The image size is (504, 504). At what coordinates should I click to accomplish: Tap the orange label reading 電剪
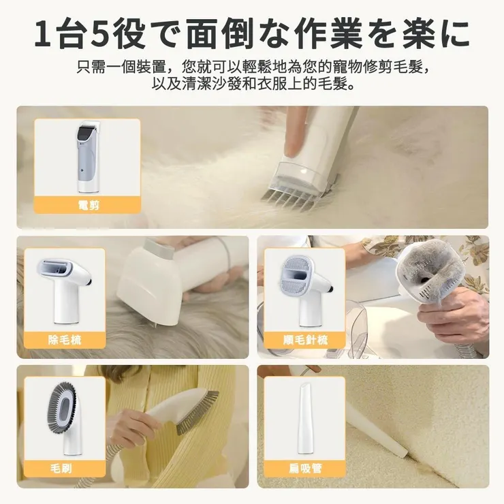[x=89, y=204]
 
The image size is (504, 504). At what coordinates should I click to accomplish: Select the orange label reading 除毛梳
[x=65, y=339]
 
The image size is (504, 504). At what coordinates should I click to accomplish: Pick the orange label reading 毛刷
[x=65, y=469]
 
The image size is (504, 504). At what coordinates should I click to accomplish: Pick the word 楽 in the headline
[x=415, y=33]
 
